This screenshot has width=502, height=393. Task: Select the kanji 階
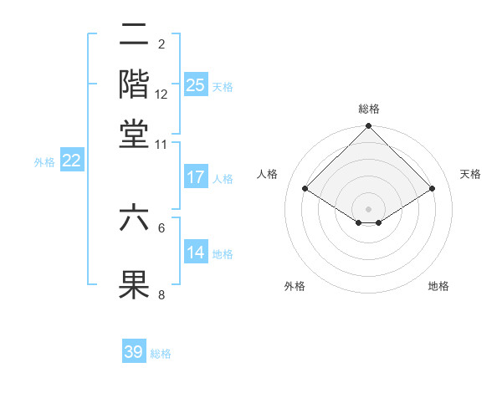[x=134, y=84]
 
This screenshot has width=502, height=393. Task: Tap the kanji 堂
[x=134, y=134]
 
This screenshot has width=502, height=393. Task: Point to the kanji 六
[x=134, y=219]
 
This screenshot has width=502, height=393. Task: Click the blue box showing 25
[x=196, y=85]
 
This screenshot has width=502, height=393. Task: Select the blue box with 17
[x=196, y=177]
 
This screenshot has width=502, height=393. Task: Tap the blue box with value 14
[x=196, y=253]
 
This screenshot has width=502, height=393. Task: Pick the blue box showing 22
[x=71, y=161]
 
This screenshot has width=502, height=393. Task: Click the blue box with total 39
[x=134, y=352]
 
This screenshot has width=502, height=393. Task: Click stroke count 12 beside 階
[x=161, y=94]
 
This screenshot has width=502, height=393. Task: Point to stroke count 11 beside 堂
[x=161, y=144]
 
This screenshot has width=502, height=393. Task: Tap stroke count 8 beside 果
[x=161, y=294]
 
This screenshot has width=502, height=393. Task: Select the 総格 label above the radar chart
[x=369, y=109]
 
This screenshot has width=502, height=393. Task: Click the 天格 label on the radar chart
[x=470, y=174]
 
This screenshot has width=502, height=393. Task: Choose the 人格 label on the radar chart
[x=268, y=174]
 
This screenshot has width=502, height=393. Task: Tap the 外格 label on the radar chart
[x=295, y=286]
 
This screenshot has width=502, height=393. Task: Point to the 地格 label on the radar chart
[x=438, y=286]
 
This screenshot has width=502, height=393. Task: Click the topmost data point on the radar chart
[x=369, y=127]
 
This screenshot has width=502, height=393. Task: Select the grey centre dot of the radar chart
[x=369, y=208]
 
